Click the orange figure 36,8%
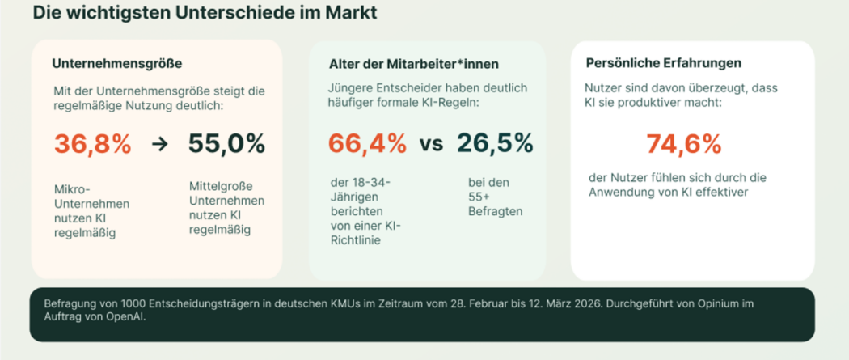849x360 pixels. pos(92,144)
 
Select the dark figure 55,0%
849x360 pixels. pos(226,144)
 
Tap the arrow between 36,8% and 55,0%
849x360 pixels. pos(159,145)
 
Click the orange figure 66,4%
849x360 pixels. pos(367,143)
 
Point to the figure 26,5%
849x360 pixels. pos(495,143)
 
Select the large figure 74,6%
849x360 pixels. pos(683,144)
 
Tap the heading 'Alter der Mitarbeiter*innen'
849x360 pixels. pos(413,63)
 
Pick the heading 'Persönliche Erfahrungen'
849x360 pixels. pos(663,62)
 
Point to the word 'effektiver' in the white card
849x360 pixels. pos(720,192)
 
